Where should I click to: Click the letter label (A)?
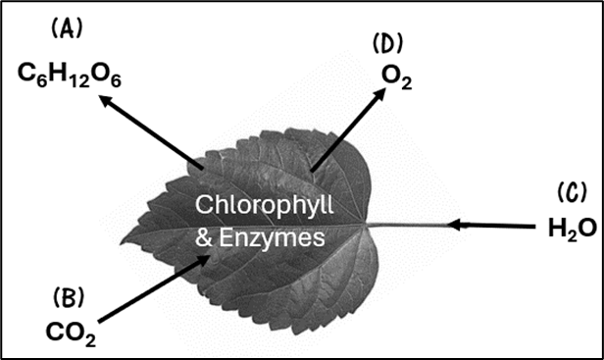pyautogui.click(x=67, y=28)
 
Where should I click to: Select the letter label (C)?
pyautogui.click(x=573, y=192)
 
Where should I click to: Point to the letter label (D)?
pyautogui.click(x=387, y=43)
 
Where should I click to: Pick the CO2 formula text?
pyautogui.click(x=71, y=334)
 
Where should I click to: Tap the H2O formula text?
pyautogui.click(x=573, y=229)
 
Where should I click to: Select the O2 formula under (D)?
pyautogui.click(x=397, y=77)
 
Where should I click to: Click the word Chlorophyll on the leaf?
pyautogui.click(x=265, y=206)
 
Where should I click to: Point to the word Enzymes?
pyautogui.click(x=272, y=238)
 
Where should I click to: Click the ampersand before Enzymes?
pyautogui.click(x=204, y=237)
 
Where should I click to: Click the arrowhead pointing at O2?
pyautogui.click(x=378, y=95)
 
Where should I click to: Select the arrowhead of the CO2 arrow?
pyautogui.click(x=202, y=261)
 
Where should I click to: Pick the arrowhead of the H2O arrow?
pyautogui.click(x=455, y=225)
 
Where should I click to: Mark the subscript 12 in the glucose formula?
pyautogui.click(x=80, y=81)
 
